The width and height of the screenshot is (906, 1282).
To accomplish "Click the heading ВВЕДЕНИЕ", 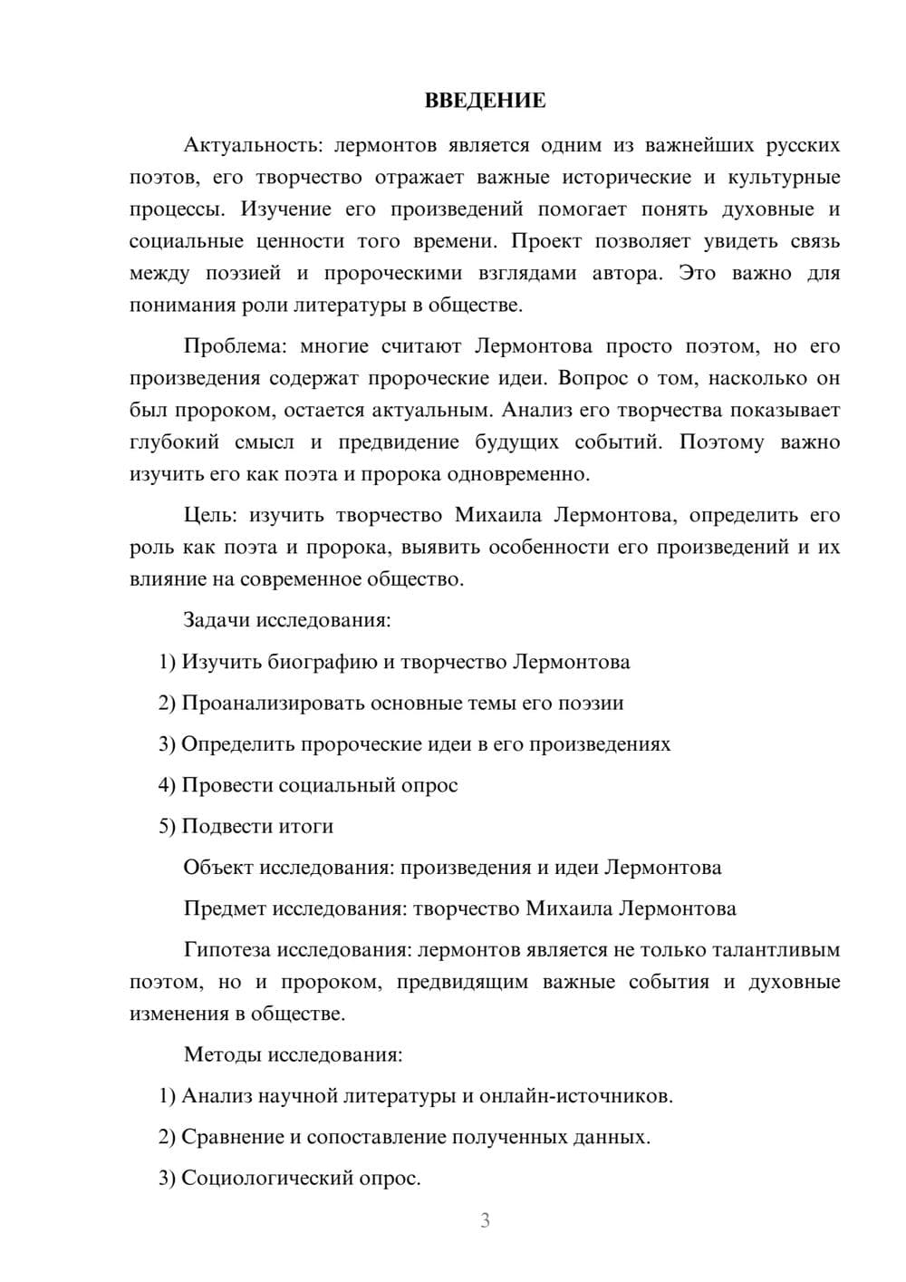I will [x=485, y=101].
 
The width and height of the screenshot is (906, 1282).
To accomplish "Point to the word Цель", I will [x=209, y=515].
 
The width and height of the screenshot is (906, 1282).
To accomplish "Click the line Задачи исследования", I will [x=287, y=620].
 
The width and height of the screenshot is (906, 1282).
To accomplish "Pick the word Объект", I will [x=217, y=867].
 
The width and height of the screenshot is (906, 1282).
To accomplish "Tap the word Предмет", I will [x=224, y=908].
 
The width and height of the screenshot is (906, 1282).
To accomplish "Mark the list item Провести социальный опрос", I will [x=308, y=785].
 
